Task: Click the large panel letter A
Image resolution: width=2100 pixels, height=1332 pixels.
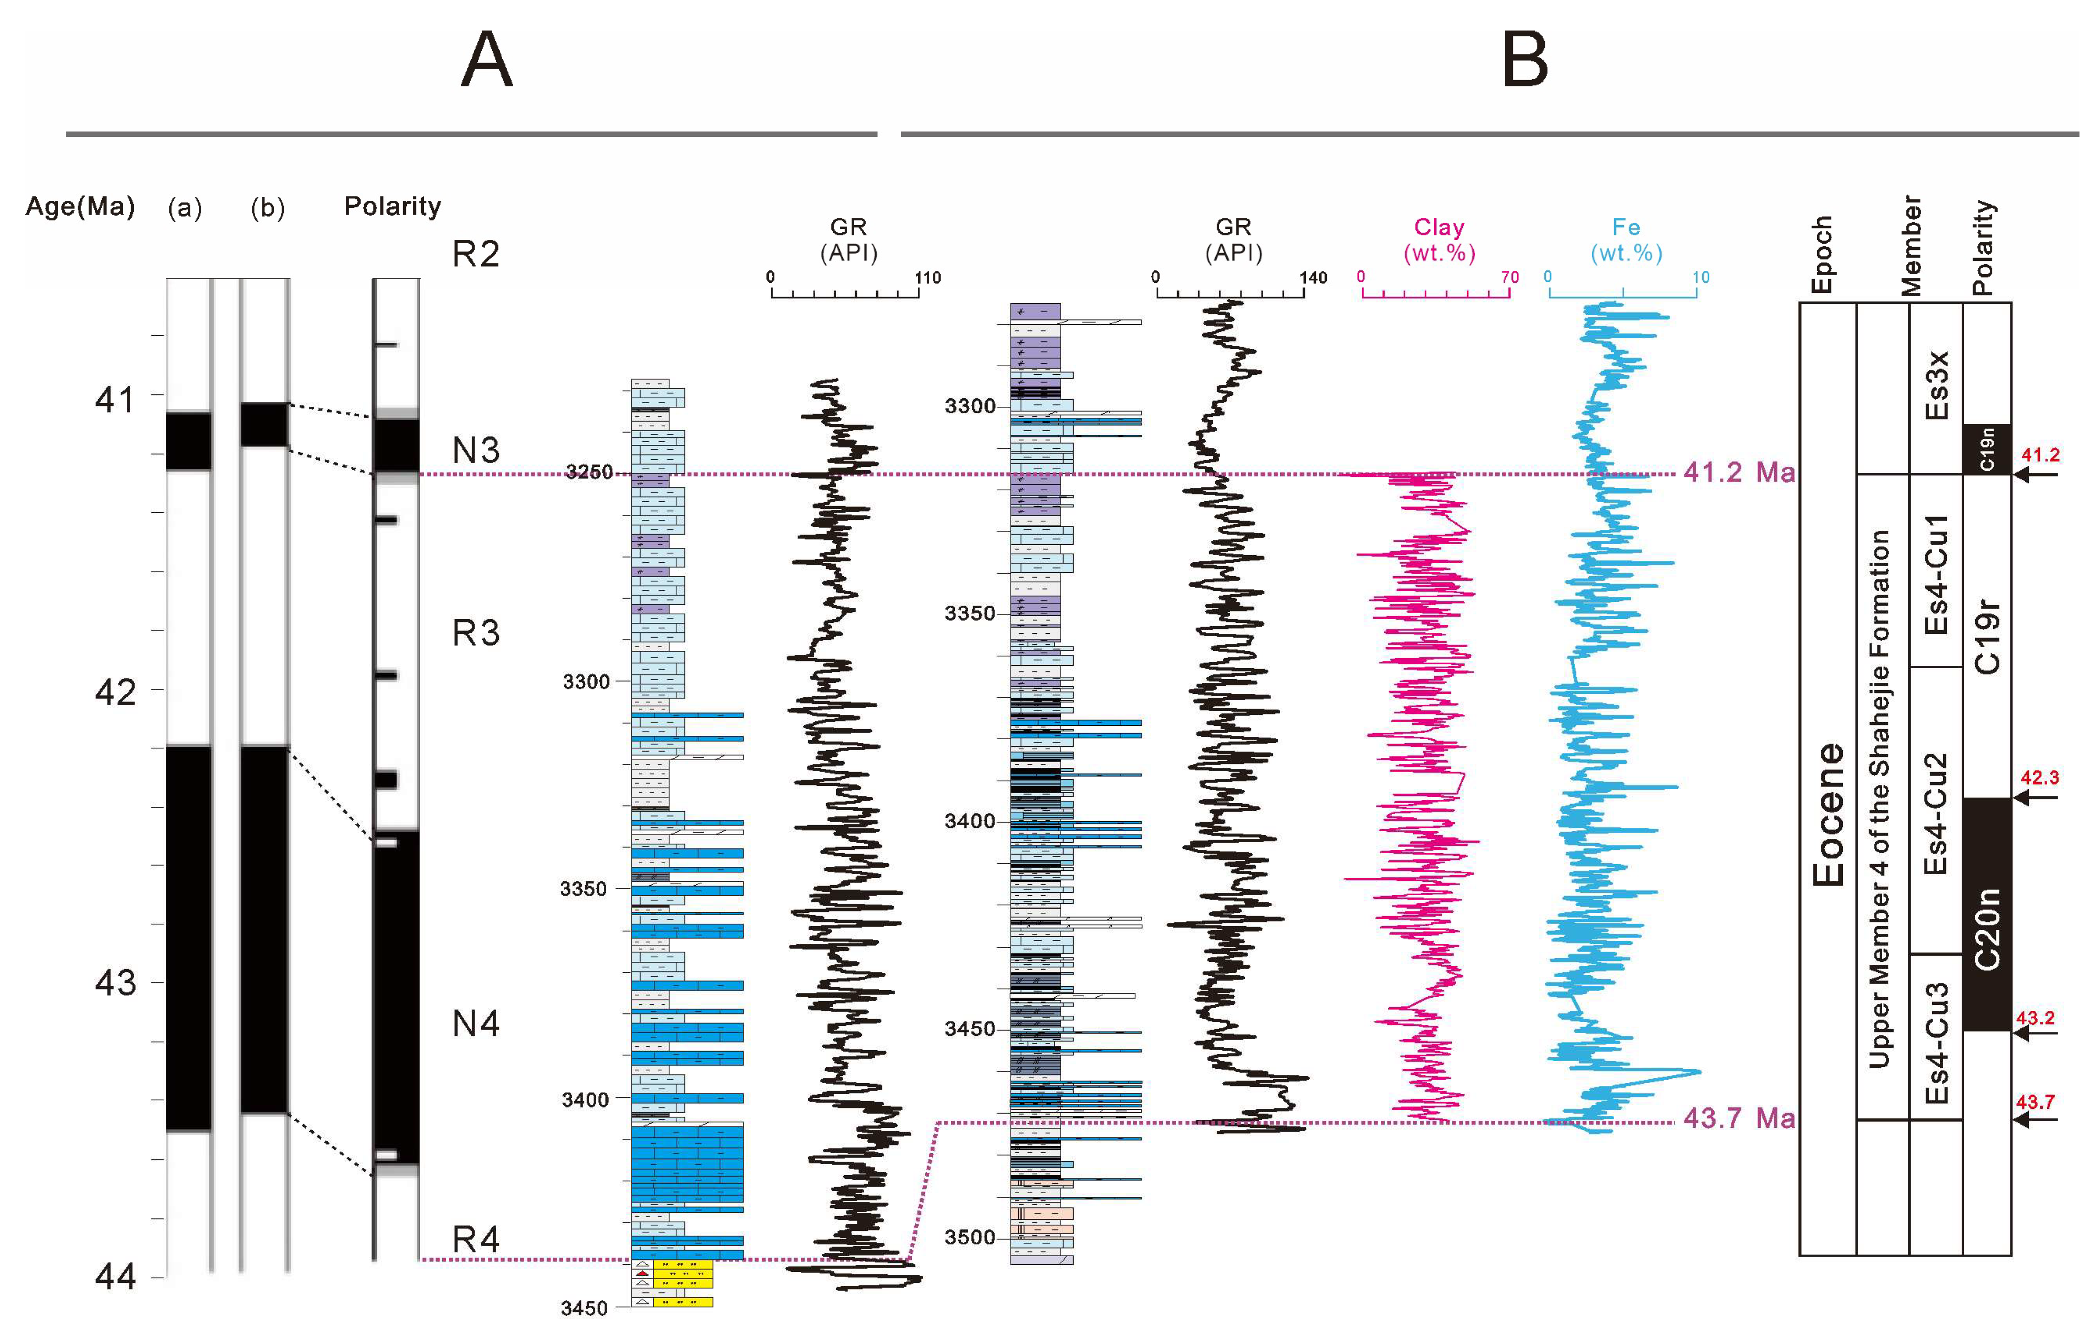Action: pos(486,59)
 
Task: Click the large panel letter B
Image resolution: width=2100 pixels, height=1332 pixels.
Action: pos(1524,59)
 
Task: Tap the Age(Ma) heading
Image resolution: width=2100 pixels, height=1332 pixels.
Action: pos(80,207)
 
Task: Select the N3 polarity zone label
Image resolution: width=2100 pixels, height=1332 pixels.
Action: pos(476,450)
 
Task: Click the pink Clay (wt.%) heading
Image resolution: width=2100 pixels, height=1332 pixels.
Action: pos(1439,240)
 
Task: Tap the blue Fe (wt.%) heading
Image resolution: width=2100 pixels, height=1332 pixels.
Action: pos(1625,240)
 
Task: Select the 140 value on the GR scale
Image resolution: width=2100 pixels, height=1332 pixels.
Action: pos(1313,278)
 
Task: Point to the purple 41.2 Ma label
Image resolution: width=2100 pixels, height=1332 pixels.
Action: pos(1738,472)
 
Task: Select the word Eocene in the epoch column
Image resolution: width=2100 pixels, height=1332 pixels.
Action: pos(1829,814)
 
